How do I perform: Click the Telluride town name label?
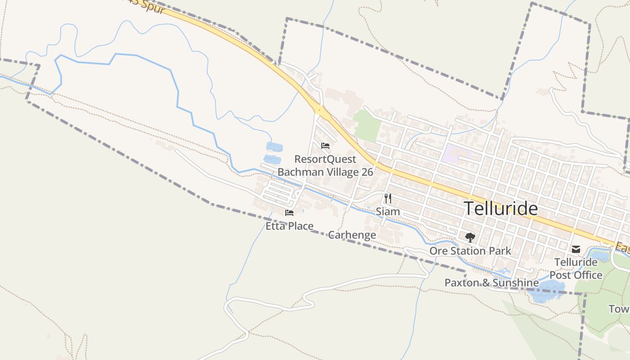(x=500, y=209)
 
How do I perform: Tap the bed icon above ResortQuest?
(x=325, y=146)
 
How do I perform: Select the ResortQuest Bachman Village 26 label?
(x=325, y=166)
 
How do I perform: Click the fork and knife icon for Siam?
(x=388, y=198)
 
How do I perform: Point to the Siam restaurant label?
(x=388, y=211)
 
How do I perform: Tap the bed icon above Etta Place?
(x=289, y=212)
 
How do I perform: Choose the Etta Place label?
(x=289, y=226)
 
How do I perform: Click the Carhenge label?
(x=352, y=235)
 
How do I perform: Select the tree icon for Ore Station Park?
(x=470, y=237)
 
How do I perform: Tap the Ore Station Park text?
(x=470, y=251)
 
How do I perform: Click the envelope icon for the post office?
(x=576, y=249)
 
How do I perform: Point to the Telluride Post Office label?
(x=576, y=269)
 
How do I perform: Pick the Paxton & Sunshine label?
(x=491, y=283)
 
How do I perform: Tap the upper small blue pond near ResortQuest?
(x=274, y=147)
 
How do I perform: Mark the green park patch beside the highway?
(x=366, y=126)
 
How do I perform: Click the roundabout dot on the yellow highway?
(x=319, y=109)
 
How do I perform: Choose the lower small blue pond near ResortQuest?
(x=272, y=159)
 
